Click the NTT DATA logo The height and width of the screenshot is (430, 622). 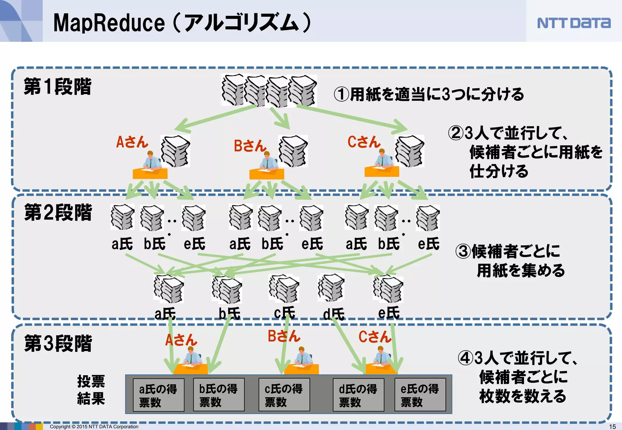(573, 23)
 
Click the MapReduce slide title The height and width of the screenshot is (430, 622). (182, 23)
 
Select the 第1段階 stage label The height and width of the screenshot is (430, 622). (57, 87)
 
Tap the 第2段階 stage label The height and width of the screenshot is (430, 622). (58, 212)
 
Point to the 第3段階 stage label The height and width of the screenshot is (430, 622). (58, 344)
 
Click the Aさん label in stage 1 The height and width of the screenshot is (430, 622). (132, 142)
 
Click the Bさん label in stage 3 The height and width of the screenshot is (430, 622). (284, 336)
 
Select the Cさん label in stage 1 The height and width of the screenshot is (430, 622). (364, 142)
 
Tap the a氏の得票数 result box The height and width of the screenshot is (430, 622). (159, 395)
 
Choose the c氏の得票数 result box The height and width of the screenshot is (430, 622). (284, 395)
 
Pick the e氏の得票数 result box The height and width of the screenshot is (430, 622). (420, 395)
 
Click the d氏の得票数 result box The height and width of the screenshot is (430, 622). (358, 395)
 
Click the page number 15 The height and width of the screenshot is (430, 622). (612, 426)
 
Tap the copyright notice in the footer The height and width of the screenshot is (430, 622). (94, 427)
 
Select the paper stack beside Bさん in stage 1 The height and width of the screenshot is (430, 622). (293, 151)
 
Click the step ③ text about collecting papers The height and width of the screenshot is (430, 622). (510, 261)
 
